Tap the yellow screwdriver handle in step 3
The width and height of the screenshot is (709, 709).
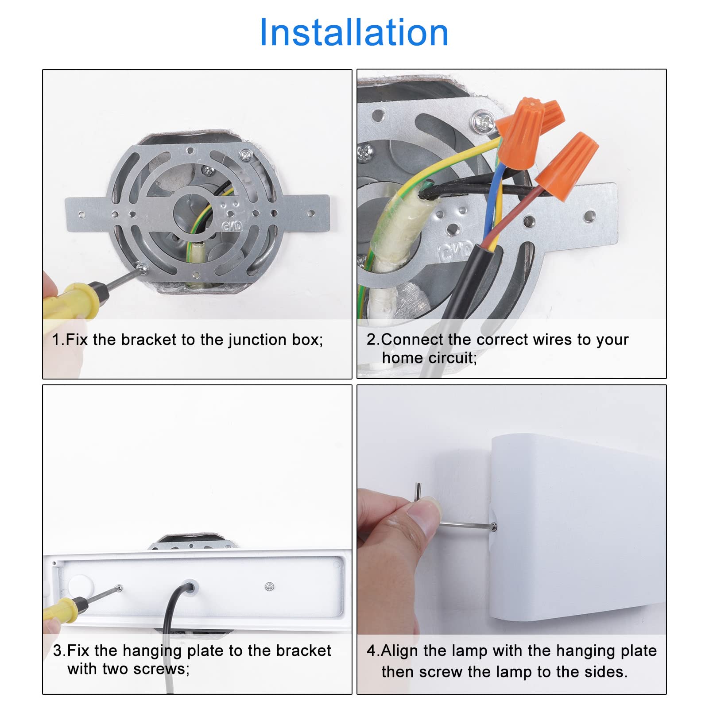(x=62, y=609)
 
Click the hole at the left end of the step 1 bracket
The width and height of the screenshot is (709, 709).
(x=81, y=215)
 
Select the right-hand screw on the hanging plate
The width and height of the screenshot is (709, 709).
(x=269, y=587)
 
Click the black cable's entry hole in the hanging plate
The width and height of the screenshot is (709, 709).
(x=188, y=586)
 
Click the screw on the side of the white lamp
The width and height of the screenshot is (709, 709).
(x=494, y=527)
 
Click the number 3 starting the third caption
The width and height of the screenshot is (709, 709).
(x=58, y=651)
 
